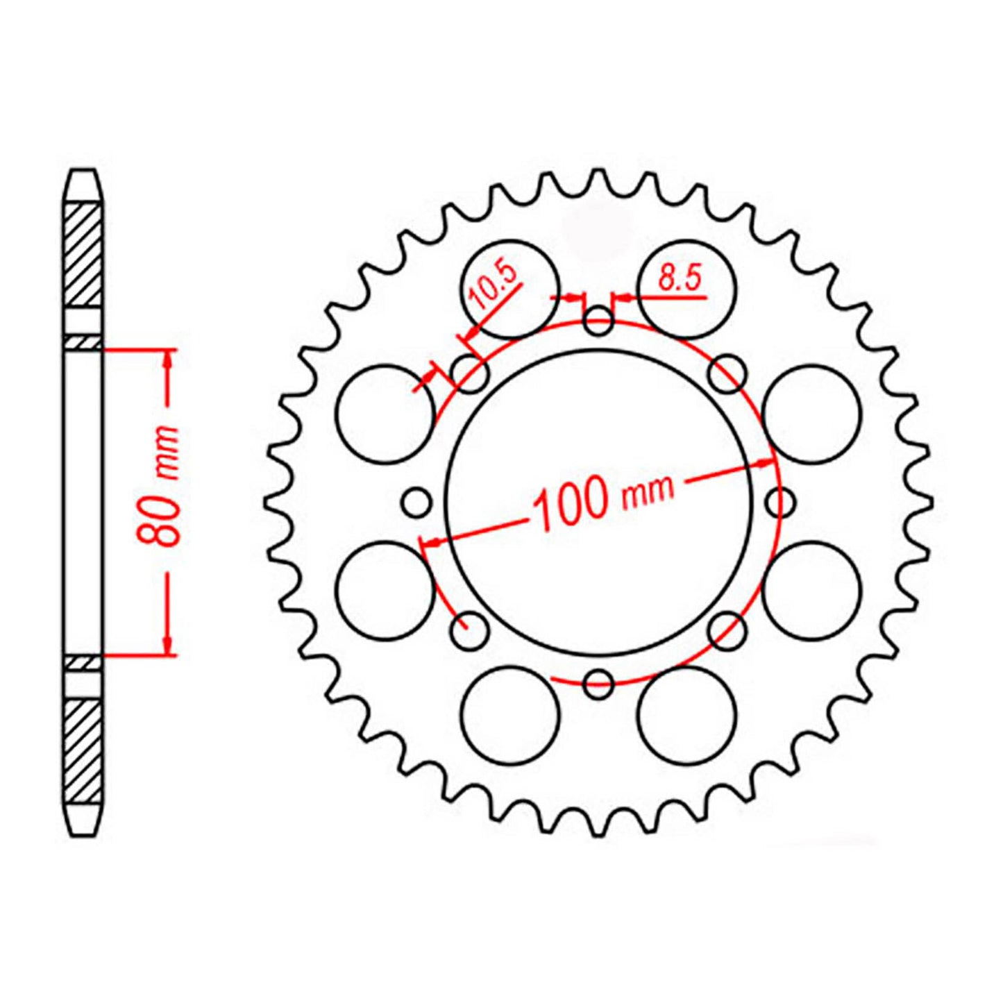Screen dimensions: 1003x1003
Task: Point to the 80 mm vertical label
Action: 162,485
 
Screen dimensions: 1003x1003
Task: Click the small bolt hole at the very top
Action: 598,321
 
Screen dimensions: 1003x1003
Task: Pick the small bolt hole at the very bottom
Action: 598,684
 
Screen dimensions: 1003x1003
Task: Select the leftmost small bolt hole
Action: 417,503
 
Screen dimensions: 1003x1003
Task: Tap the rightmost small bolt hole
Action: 780,502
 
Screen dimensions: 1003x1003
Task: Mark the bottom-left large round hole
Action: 510,715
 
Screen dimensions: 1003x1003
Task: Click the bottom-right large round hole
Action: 686,715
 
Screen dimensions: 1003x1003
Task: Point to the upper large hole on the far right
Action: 811,414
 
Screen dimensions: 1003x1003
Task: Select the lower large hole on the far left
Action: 385,590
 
